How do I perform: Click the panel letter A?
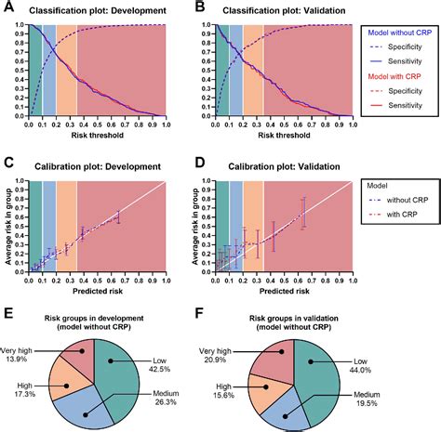8,7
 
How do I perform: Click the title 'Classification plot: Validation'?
271,10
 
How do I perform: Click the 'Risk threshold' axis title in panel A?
97,134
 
